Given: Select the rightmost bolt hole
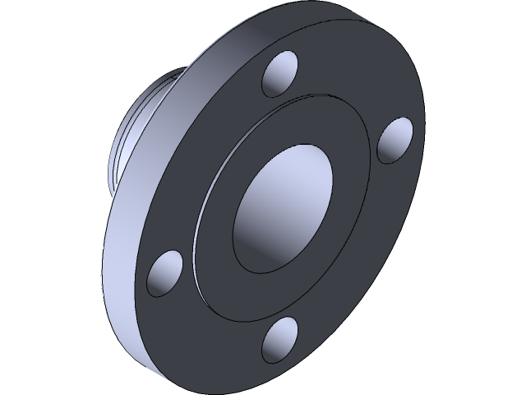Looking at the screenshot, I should [395, 140].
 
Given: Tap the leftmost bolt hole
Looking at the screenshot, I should [165, 274].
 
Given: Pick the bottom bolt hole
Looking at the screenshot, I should [280, 340].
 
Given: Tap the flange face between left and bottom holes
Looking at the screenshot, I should [205, 321].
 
